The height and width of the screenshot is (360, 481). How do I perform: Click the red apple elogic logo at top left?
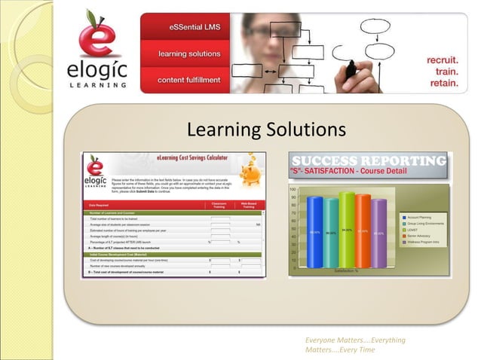click(102, 53)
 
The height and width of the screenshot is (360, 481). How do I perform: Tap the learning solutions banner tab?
click(189, 54)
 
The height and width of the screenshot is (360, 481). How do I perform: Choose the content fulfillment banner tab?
click(189, 80)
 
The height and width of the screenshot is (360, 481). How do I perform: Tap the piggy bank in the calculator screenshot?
click(250, 174)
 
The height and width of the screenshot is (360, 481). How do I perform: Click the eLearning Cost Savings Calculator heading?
click(192, 157)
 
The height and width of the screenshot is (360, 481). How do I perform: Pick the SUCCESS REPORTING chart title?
click(368, 161)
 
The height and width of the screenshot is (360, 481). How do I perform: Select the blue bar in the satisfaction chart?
click(314, 233)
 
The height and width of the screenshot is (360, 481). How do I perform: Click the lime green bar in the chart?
click(347, 230)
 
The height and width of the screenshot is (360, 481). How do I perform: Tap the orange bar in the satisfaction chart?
click(363, 231)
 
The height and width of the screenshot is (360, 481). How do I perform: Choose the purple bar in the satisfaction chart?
click(378, 233)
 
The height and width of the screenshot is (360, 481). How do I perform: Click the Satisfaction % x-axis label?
click(346, 270)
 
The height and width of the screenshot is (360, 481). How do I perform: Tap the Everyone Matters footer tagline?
click(354, 344)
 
